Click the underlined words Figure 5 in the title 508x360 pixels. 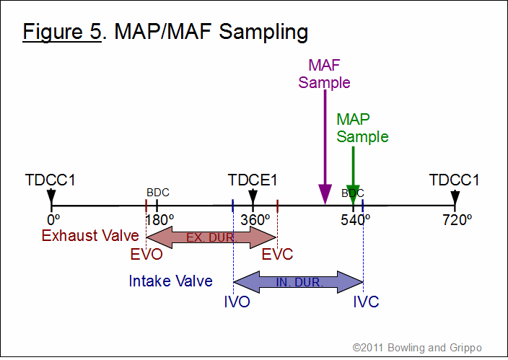[x=62, y=32]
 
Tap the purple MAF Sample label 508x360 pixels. [x=324, y=74]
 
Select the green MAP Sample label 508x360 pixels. [x=362, y=128]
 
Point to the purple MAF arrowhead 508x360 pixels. [x=325, y=194]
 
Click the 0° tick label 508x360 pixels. [x=53, y=220]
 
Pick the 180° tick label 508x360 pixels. [x=159, y=220]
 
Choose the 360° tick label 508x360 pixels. [x=255, y=220]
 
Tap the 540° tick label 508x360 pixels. [x=356, y=220]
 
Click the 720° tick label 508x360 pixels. [x=457, y=220]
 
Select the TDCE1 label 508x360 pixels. [x=253, y=180]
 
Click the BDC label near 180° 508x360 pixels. [x=158, y=193]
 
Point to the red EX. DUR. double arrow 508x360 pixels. [x=211, y=237]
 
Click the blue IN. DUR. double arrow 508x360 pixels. [x=299, y=282]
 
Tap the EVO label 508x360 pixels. [x=146, y=255]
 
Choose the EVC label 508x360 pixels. [x=277, y=255]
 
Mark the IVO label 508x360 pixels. [x=237, y=302]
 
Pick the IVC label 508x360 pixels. [x=366, y=302]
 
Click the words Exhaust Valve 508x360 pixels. [x=90, y=236]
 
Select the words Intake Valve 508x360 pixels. [x=171, y=281]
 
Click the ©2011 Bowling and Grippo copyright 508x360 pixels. [x=417, y=348]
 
